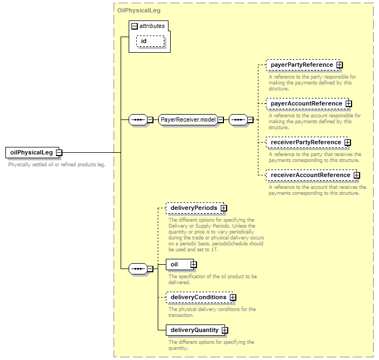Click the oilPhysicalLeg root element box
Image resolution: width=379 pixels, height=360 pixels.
(32, 152)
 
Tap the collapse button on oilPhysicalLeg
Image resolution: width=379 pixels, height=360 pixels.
(59, 153)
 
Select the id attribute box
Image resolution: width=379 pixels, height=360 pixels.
(150, 41)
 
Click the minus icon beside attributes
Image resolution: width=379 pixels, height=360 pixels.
(135, 26)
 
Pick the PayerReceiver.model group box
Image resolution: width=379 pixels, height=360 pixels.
(188, 119)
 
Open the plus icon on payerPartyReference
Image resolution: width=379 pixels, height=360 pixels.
(339, 65)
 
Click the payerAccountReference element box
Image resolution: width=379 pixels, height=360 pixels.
(307, 104)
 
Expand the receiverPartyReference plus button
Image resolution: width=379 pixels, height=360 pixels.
(348, 143)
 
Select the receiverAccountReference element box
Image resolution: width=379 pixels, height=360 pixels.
(311, 175)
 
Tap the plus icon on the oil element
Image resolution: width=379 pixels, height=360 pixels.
(193, 265)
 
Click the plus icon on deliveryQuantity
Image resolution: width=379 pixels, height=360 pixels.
(225, 330)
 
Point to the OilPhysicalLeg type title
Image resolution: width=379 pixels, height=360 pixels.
(139, 10)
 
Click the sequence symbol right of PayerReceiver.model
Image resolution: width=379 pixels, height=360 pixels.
(238, 119)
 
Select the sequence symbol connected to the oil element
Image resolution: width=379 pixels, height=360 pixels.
(138, 269)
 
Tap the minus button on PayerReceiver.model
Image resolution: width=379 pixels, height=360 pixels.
(220, 119)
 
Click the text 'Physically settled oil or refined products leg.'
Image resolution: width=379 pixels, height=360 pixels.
(57, 165)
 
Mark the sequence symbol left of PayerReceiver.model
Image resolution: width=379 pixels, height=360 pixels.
(138, 119)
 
